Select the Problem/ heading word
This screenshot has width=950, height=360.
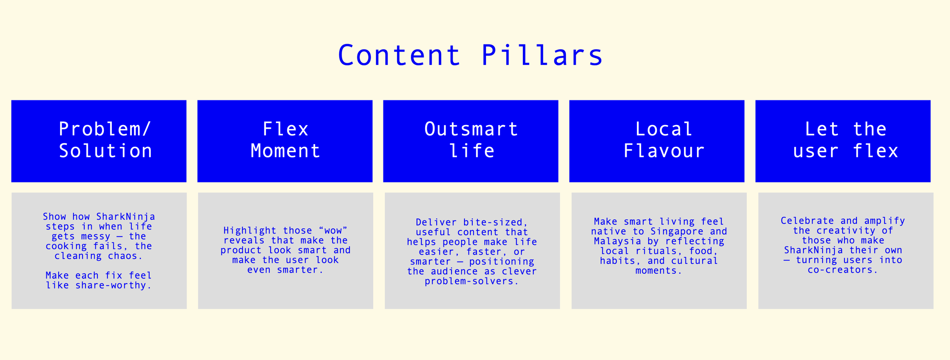[x=105, y=129]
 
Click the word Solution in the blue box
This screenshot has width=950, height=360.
[x=106, y=151]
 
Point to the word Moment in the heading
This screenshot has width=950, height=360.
[x=285, y=151]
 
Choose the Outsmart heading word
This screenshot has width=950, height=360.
[x=471, y=129]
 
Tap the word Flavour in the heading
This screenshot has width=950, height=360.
[x=664, y=151]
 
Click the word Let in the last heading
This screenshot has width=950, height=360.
[x=822, y=129]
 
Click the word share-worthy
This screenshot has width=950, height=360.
[x=113, y=285]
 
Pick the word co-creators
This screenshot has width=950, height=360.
[x=842, y=270]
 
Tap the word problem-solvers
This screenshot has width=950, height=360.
[x=472, y=282]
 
